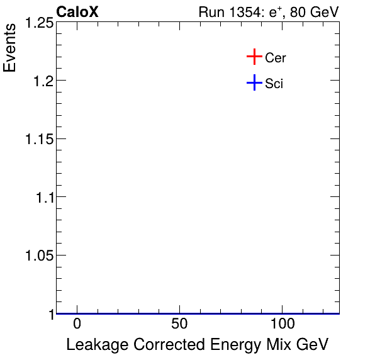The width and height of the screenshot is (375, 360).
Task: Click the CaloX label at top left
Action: (x=77, y=12)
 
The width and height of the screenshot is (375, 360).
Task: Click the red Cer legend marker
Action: (x=254, y=57)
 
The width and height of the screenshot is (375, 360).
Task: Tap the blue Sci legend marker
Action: (x=254, y=82)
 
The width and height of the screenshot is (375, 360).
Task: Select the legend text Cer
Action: (x=276, y=58)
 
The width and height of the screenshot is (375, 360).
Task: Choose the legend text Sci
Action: (x=274, y=83)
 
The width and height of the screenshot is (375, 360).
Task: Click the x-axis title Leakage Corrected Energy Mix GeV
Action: (x=198, y=344)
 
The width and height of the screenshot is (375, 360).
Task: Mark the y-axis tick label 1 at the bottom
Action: (x=50, y=313)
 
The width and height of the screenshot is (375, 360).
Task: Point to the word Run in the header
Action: (x=210, y=13)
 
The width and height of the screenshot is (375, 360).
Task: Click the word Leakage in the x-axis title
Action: (x=92, y=344)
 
